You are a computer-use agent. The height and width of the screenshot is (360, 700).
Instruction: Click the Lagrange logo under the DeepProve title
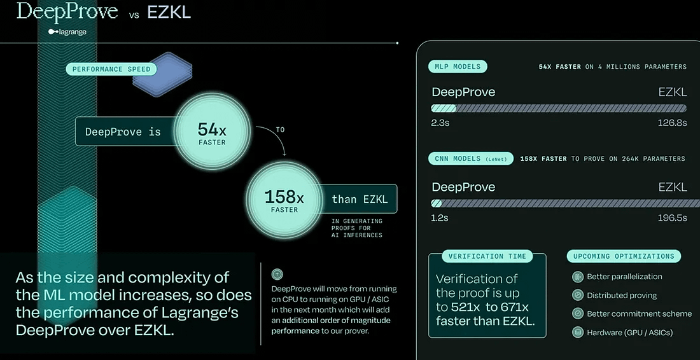[x=67, y=31]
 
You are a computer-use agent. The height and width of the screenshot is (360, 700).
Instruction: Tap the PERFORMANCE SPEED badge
[x=111, y=69]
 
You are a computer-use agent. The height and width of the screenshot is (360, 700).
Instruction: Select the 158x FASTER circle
[x=284, y=200]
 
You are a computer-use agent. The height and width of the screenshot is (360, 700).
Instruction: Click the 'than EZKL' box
[x=360, y=199]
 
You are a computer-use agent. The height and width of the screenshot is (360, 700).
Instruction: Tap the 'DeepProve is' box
[x=123, y=132]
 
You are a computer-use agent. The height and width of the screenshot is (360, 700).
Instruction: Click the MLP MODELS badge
[x=458, y=66]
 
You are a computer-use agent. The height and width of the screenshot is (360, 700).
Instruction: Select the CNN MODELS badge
[x=472, y=158]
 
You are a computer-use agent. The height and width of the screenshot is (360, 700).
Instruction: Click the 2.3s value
[x=440, y=123]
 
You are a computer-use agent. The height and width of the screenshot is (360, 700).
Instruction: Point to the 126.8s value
[x=672, y=123]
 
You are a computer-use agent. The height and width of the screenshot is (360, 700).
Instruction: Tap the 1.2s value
[x=440, y=218]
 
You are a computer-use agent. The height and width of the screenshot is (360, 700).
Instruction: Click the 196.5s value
[x=672, y=218]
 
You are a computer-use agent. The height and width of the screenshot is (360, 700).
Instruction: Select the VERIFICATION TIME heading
[x=487, y=256]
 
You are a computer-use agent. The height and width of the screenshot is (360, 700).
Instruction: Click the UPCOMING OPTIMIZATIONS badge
[x=623, y=256]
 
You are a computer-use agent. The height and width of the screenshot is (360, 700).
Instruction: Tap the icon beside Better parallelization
[x=578, y=277]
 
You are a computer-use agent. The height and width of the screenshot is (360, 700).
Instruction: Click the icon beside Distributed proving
[x=578, y=295]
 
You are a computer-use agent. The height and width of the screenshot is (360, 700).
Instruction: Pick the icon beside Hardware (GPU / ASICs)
[x=578, y=332]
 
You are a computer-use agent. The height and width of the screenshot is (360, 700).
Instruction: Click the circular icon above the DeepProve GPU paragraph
[x=277, y=274]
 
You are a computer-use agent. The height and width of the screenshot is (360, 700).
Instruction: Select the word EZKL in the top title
[x=169, y=13]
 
